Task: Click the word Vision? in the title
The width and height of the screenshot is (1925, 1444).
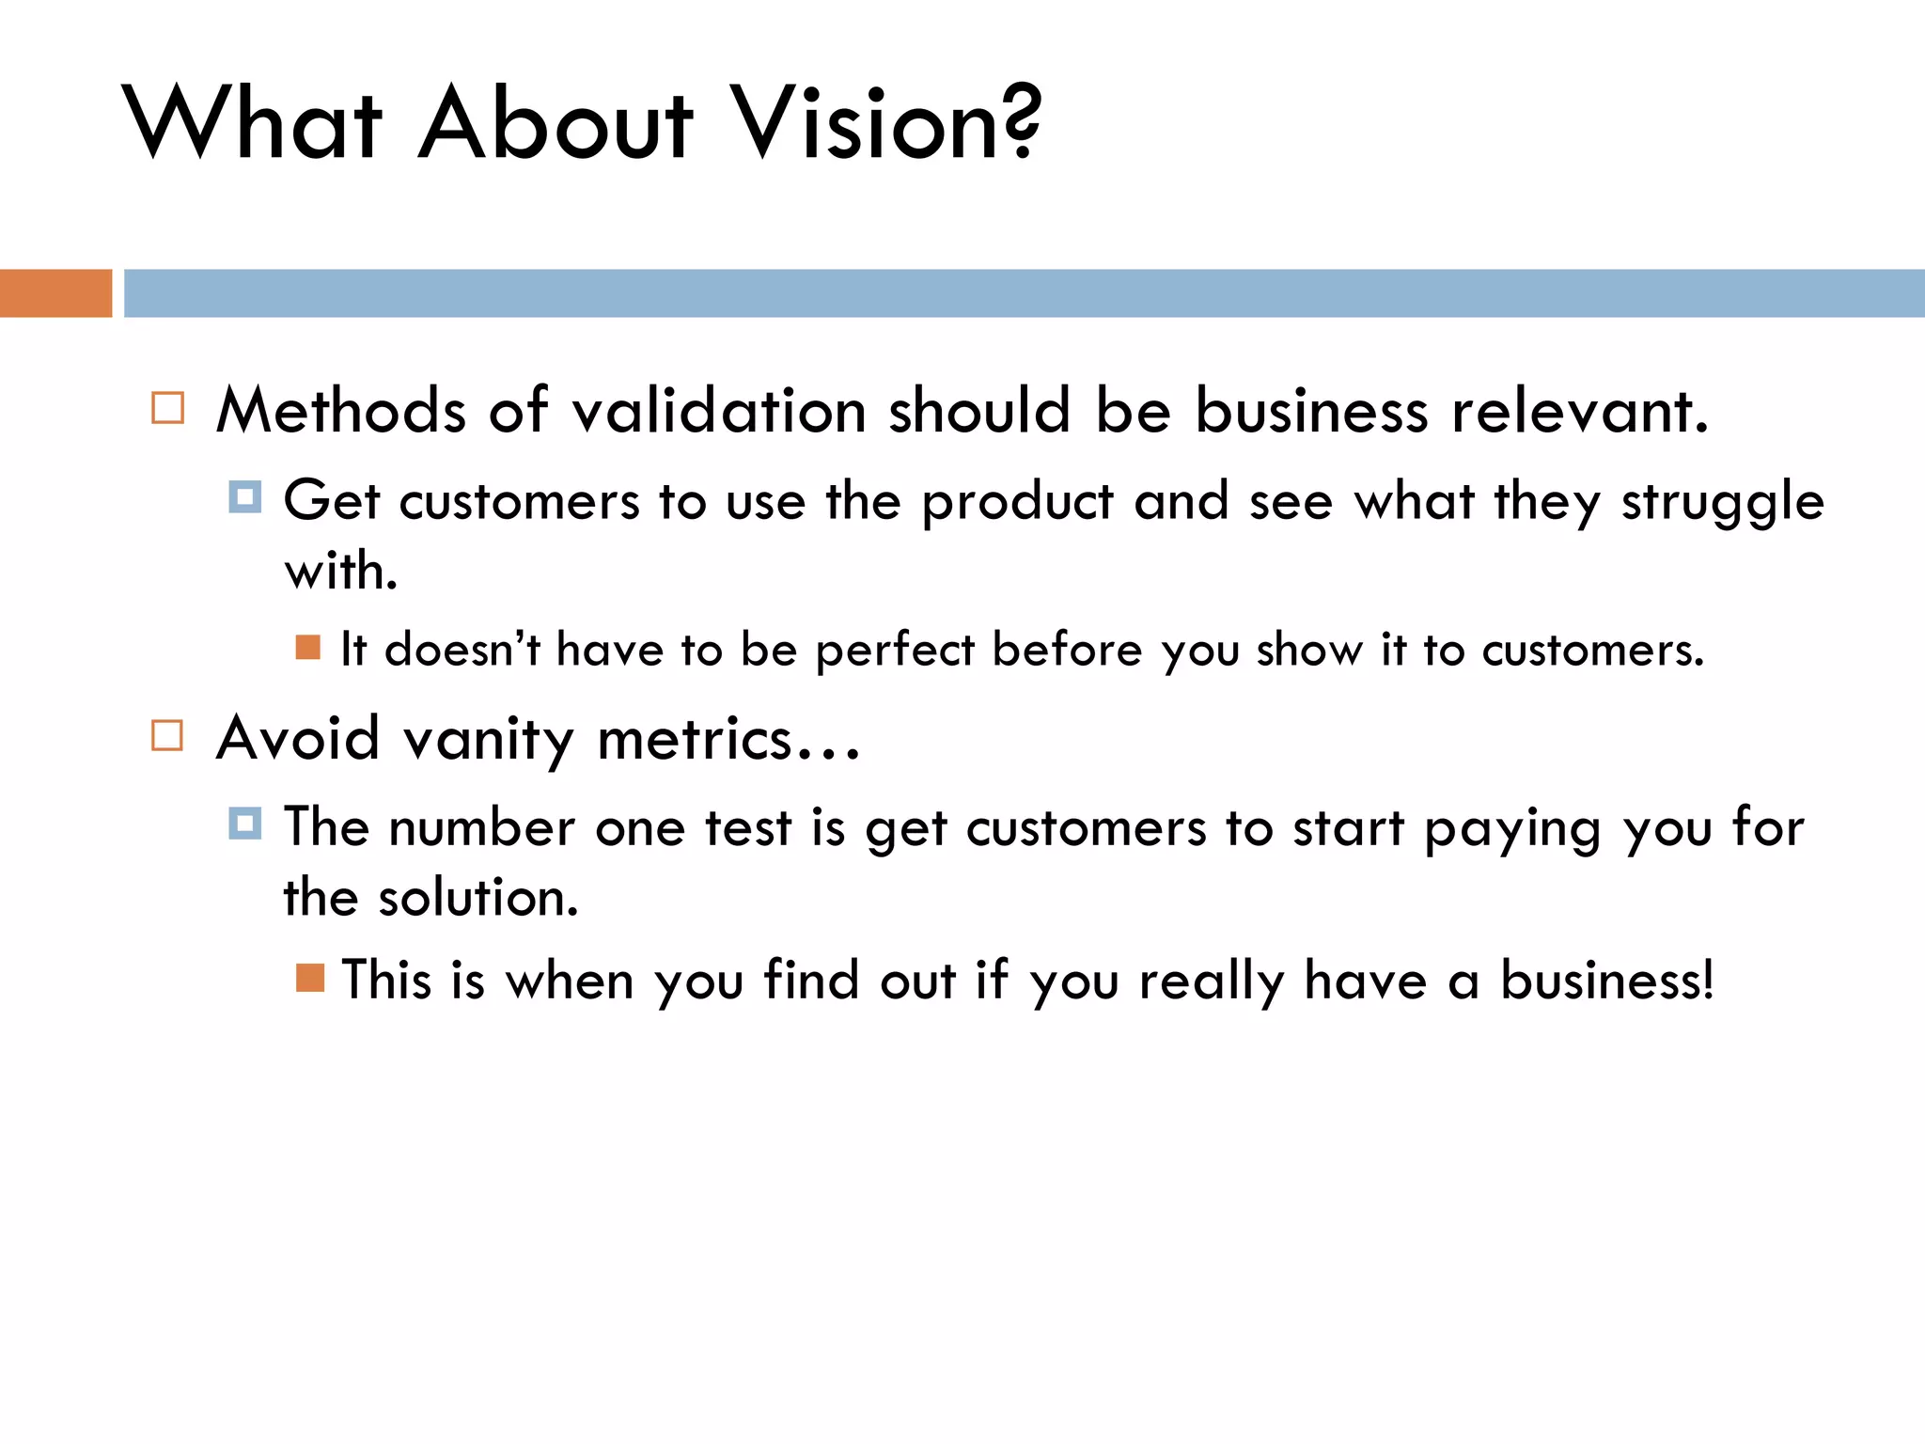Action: click(886, 122)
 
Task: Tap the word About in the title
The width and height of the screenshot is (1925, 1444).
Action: click(556, 122)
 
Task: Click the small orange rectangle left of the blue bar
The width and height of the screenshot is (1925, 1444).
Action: click(55, 293)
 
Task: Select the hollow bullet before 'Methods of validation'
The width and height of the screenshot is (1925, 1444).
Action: click(168, 409)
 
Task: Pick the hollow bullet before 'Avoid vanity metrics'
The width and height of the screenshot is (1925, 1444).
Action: click(167, 735)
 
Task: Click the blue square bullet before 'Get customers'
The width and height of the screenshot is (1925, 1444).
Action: click(245, 497)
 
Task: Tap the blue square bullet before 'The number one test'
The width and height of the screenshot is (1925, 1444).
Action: click(245, 824)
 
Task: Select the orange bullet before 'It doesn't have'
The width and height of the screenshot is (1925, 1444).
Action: click(308, 647)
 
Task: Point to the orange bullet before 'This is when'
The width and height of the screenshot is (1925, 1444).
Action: click(309, 978)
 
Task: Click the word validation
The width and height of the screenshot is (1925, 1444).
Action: click(719, 412)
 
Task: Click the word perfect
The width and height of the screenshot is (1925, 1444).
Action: click(895, 651)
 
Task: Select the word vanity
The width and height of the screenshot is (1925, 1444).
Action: click(488, 740)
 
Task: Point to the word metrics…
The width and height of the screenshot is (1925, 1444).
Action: click(728, 740)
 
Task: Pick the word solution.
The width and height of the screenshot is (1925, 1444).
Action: click(477, 898)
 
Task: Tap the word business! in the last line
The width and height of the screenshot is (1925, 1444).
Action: click(1606, 981)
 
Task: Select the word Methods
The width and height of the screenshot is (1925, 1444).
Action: click(341, 412)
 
